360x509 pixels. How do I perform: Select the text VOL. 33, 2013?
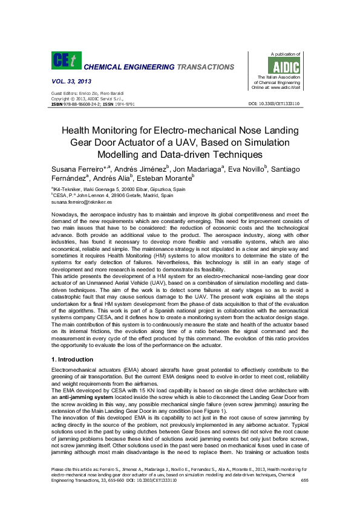pyautogui.click(x=71, y=80)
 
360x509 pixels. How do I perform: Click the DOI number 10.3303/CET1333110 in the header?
pyautogui.click(x=275, y=104)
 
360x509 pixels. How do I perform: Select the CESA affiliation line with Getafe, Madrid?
pyautogui.click(x=113, y=196)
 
